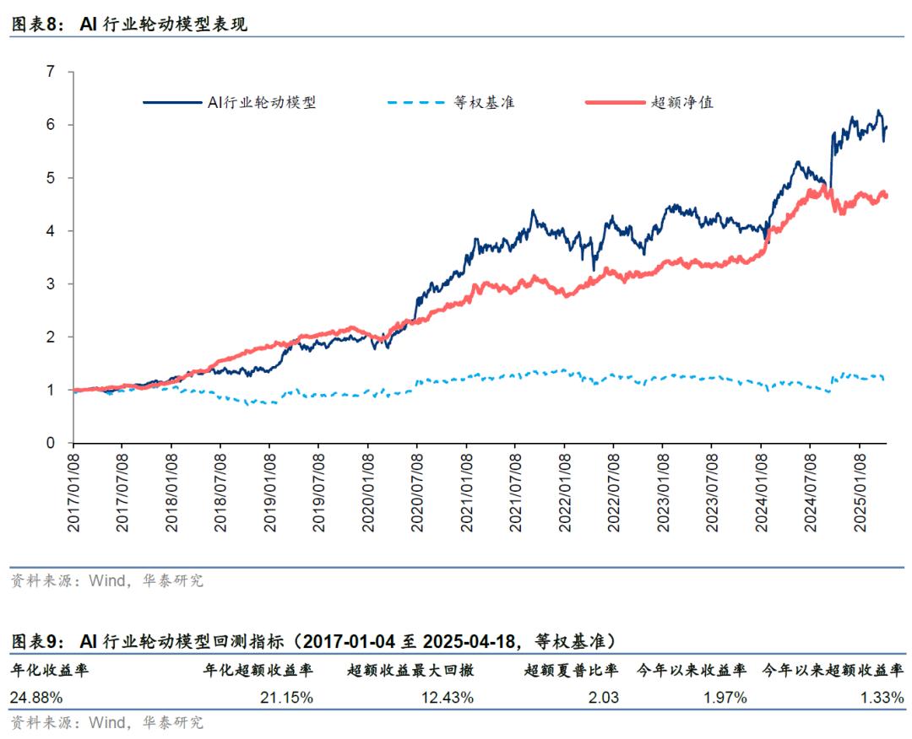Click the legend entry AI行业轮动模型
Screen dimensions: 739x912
point(262,103)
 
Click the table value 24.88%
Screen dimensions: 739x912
point(35,698)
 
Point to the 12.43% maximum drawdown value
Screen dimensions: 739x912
point(447,698)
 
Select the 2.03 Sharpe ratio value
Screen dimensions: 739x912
point(605,698)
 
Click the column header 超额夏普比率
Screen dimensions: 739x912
point(571,672)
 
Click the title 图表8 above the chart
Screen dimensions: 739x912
point(35,24)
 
